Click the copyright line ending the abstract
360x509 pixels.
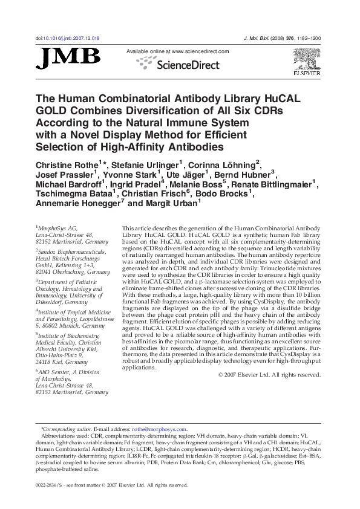click(269, 375)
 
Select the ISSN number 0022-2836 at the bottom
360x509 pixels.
click(49, 485)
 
